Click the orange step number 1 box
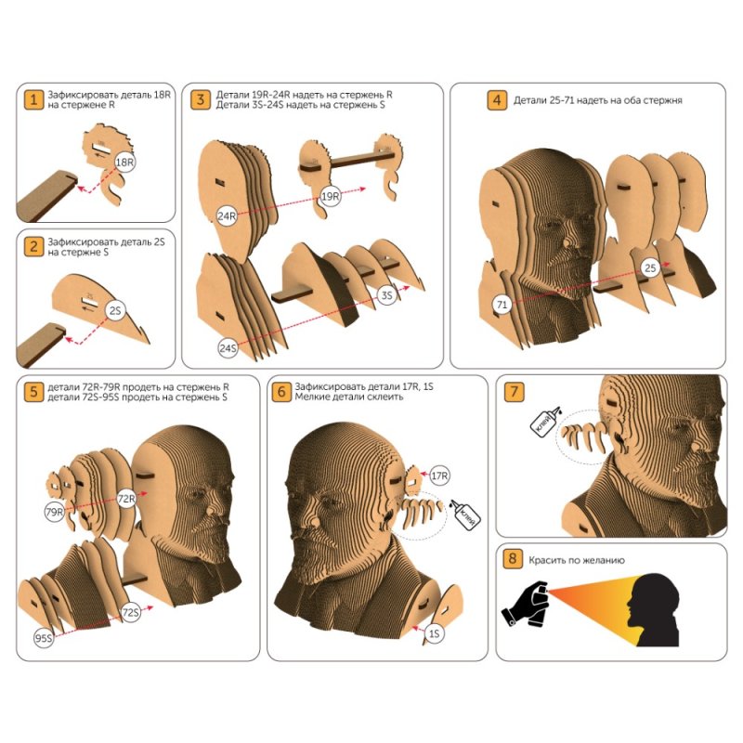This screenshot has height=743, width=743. pyautogui.click(x=33, y=99)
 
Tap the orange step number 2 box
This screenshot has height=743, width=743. pyautogui.click(x=33, y=247)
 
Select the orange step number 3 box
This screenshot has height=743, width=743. pyautogui.click(x=201, y=99)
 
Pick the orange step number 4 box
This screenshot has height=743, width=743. pyautogui.click(x=497, y=100)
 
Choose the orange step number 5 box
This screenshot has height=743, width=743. pyautogui.click(x=33, y=392)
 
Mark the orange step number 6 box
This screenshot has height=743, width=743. pyautogui.click(x=281, y=392)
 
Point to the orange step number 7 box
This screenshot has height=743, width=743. pyautogui.click(x=515, y=392)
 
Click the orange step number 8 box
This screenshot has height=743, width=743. pyautogui.click(x=513, y=558)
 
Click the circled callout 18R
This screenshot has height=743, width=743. pyautogui.click(x=125, y=163)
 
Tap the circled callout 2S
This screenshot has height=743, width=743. pyautogui.click(x=115, y=310)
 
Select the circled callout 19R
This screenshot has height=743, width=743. pyautogui.click(x=331, y=196)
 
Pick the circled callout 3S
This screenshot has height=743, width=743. pyautogui.click(x=387, y=295)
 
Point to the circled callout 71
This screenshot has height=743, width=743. pyautogui.click(x=502, y=305)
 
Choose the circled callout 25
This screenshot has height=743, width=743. pyautogui.click(x=651, y=267)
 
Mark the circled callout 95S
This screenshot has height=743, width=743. pyautogui.click(x=44, y=638)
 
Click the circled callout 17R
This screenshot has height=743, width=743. pyautogui.click(x=439, y=476)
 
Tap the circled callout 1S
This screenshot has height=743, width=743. pyautogui.click(x=435, y=633)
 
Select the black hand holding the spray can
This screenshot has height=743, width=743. pyautogui.click(x=526, y=605)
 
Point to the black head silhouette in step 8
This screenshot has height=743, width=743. pyautogui.click(x=654, y=611)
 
